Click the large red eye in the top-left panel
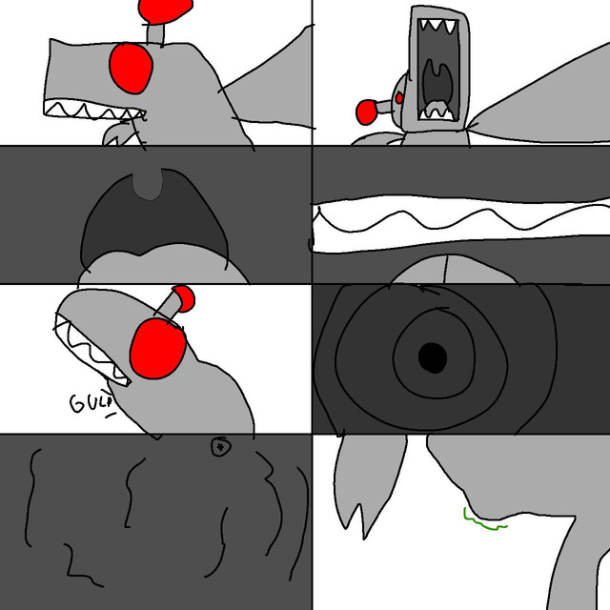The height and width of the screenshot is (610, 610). coord(131,69)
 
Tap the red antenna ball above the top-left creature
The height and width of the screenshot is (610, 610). coord(166,10)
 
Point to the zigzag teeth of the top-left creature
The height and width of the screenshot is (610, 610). coord(94,110)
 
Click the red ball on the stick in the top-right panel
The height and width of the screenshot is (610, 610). coord(366,112)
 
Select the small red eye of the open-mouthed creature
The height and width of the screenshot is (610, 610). coord(399,98)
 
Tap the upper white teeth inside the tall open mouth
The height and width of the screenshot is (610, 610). coord(437,26)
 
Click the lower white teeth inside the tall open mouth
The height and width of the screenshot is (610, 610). coord(437,112)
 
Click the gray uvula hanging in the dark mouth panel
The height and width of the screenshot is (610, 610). coord(148,184)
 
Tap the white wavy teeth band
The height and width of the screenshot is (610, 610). coord(461,223)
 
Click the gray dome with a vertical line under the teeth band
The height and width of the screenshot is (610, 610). coord(454,269)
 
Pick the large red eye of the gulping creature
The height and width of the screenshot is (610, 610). coord(158,348)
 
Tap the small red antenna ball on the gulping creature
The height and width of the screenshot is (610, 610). coord(184,298)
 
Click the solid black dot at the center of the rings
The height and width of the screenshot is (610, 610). coord(433,357)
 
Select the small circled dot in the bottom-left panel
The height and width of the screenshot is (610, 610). coord(221,447)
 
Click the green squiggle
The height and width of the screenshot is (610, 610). coord(484,520)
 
